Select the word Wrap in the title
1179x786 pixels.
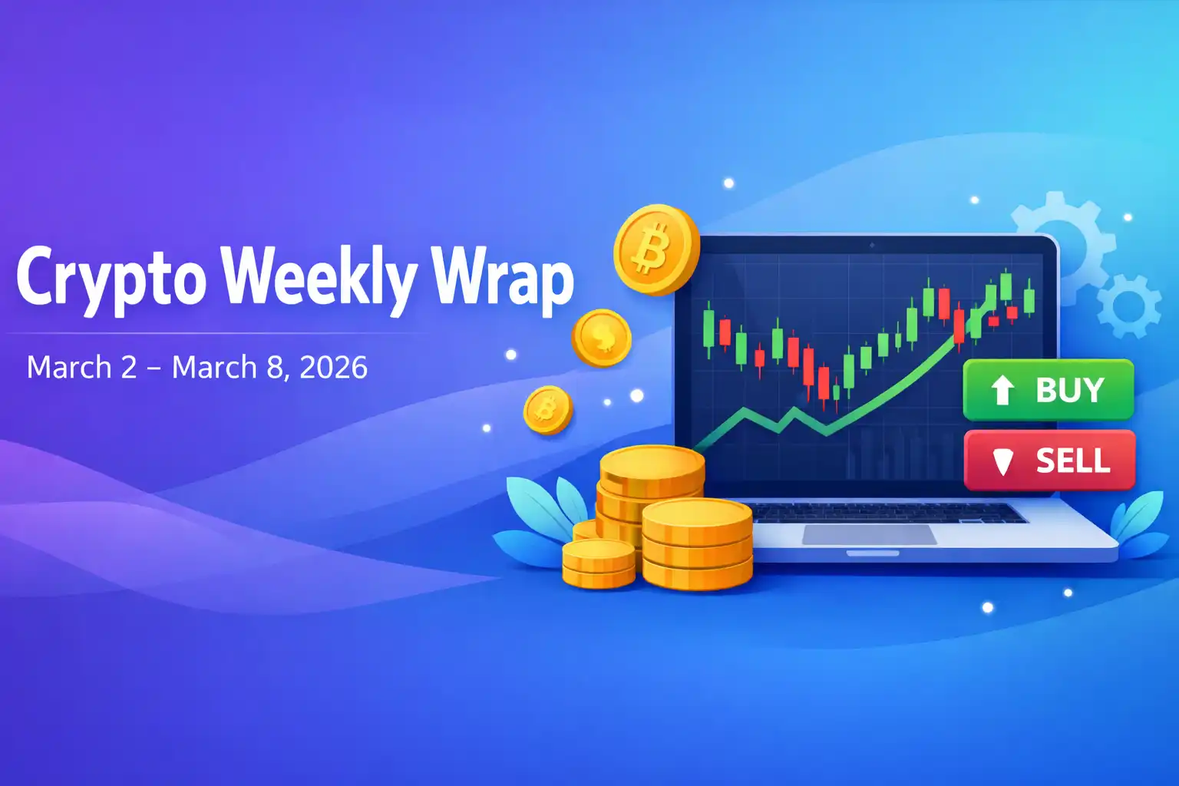tap(504, 278)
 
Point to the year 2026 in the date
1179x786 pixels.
tap(333, 368)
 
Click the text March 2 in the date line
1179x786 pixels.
tap(81, 368)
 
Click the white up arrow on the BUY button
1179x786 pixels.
tap(1002, 390)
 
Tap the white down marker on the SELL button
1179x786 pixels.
tap(1002, 461)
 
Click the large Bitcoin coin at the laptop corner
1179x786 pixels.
tap(656, 249)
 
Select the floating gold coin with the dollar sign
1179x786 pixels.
tap(602, 338)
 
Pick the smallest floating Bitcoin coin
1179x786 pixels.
tap(547, 409)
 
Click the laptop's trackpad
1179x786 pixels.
tap(869, 534)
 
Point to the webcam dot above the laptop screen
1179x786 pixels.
tap(871, 246)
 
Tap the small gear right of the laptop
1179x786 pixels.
tap(1128, 305)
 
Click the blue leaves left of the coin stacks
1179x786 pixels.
tap(537, 514)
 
